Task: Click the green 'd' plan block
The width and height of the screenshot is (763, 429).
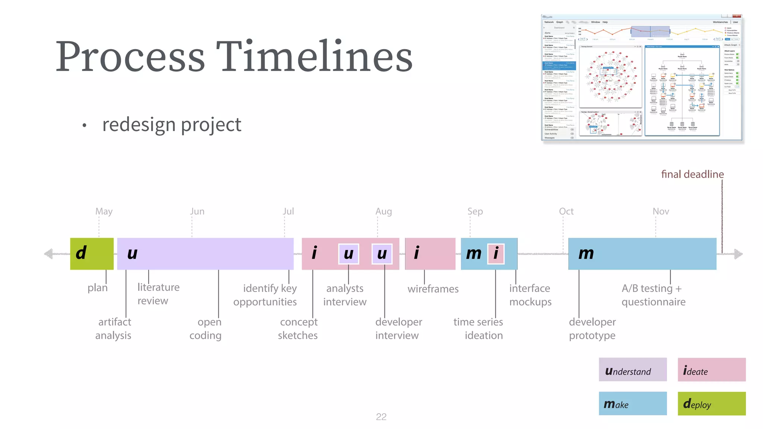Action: click(x=92, y=254)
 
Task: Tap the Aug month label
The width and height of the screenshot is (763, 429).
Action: click(x=383, y=212)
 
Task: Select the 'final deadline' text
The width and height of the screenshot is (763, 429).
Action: click(x=692, y=174)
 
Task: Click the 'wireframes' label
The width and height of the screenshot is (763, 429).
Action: click(x=433, y=289)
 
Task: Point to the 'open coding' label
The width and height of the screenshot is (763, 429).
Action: click(x=206, y=328)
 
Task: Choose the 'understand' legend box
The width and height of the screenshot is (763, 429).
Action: click(x=633, y=370)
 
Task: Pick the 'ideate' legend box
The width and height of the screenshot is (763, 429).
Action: click(x=711, y=370)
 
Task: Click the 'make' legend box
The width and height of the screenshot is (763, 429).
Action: click(x=633, y=403)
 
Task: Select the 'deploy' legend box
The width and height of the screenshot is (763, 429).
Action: click(x=711, y=403)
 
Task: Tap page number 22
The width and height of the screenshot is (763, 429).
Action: click(x=381, y=417)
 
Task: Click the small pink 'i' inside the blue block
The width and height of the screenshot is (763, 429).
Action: click(x=496, y=254)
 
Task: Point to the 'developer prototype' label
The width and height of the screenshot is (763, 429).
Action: click(x=592, y=328)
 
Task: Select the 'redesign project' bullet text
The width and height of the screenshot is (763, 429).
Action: click(x=172, y=125)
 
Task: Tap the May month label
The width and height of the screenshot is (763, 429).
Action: click(x=104, y=212)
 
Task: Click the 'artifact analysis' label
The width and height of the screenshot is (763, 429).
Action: click(x=114, y=328)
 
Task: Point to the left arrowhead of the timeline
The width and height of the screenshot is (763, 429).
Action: click(x=48, y=254)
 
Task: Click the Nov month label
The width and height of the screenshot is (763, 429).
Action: click(x=661, y=212)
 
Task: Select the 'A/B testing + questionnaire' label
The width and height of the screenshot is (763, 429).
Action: click(x=653, y=295)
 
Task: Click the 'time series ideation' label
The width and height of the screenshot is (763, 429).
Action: click(x=478, y=328)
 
